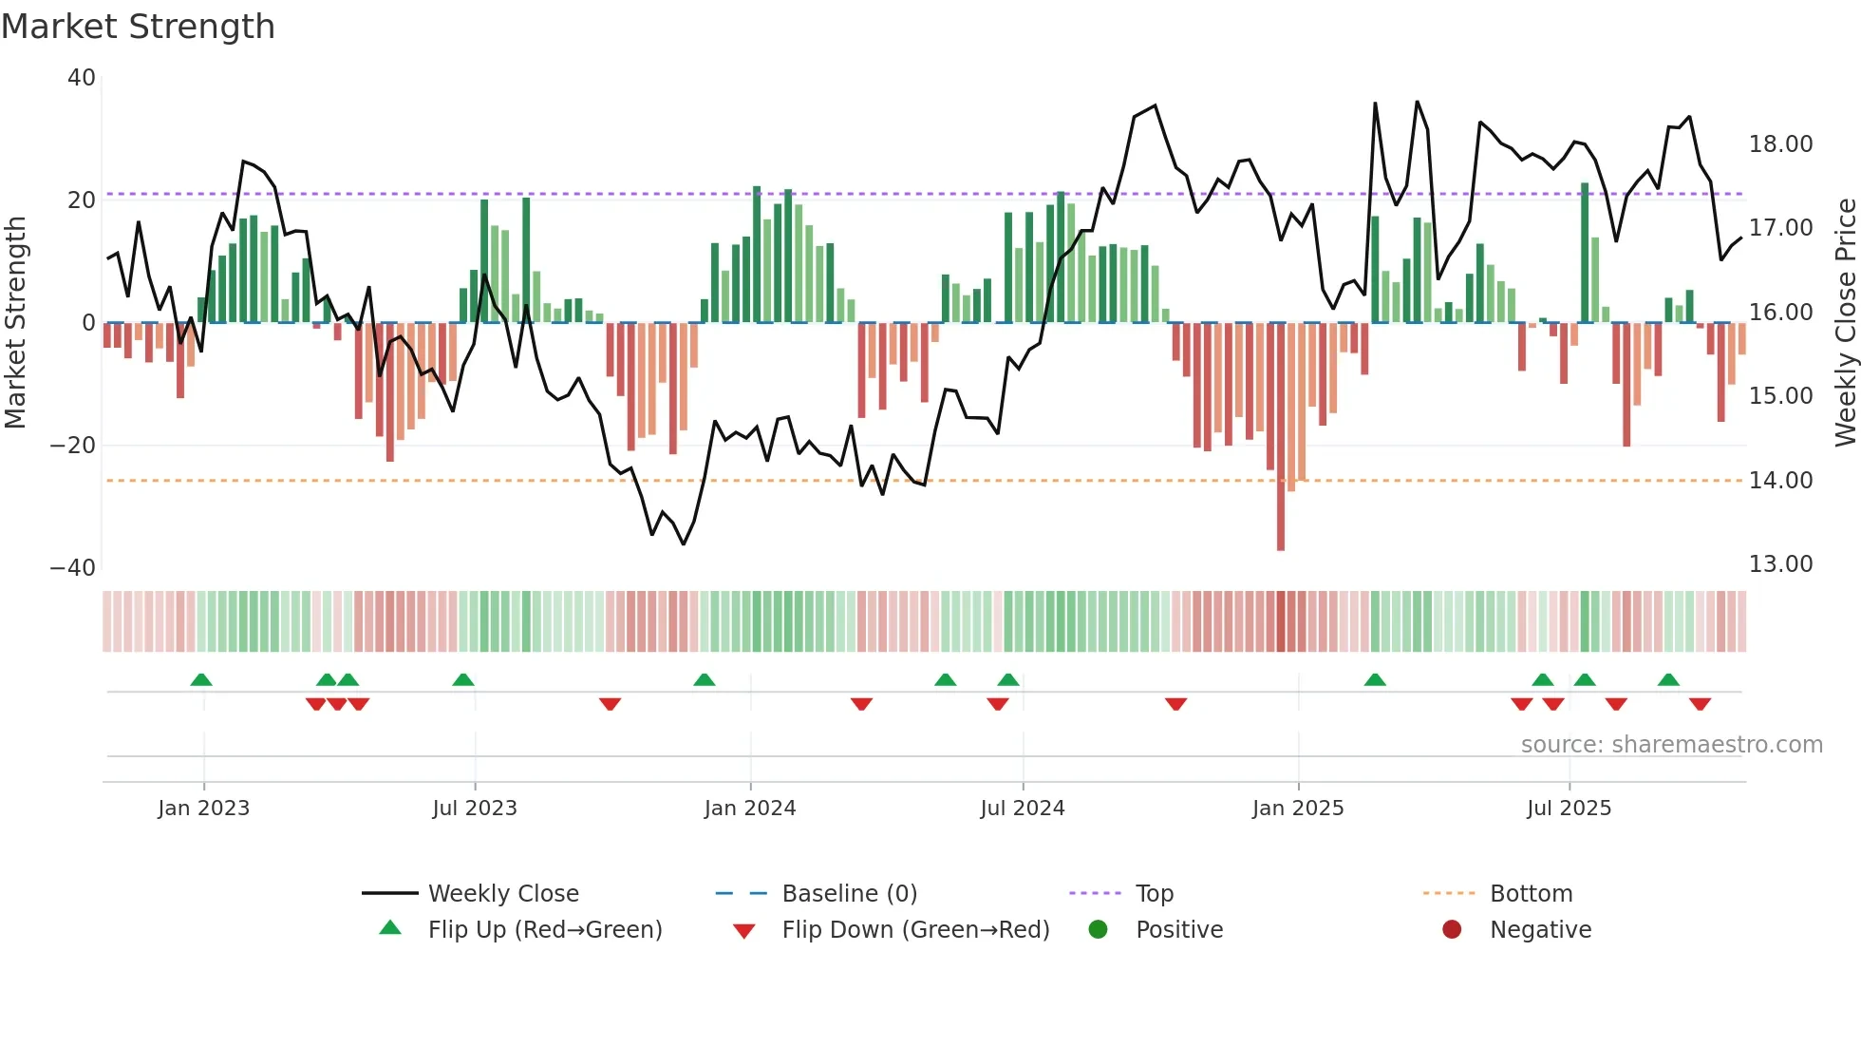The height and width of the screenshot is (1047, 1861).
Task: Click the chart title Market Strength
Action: (138, 27)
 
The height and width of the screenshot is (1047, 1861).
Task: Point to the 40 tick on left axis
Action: (82, 78)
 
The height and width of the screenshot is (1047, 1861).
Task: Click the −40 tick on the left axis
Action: (73, 568)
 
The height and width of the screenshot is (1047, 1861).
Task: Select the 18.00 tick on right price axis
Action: (1780, 144)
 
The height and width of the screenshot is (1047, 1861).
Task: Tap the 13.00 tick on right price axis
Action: (1780, 564)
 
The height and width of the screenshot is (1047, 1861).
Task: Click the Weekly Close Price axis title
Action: (1845, 323)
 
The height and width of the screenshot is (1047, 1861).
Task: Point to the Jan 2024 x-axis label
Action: (749, 809)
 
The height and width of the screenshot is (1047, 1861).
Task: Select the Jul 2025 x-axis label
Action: (1569, 809)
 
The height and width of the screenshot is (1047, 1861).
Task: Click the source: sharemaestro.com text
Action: (1671, 745)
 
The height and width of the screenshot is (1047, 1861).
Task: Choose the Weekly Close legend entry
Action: (502, 894)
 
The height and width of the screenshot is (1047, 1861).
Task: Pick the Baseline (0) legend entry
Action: (849, 894)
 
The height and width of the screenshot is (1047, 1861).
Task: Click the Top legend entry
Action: (1154, 894)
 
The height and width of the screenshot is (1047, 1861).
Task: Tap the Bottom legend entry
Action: (1531, 894)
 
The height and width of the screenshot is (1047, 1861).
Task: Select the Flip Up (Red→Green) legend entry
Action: (544, 930)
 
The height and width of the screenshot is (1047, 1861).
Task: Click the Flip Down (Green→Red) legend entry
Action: (915, 930)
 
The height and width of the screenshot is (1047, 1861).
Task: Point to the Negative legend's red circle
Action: (1452, 930)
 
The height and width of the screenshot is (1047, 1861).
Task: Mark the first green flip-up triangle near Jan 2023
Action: (201, 680)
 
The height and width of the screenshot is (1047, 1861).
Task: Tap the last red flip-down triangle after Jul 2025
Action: (1700, 704)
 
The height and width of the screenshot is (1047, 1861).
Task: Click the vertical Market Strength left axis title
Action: (15, 323)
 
